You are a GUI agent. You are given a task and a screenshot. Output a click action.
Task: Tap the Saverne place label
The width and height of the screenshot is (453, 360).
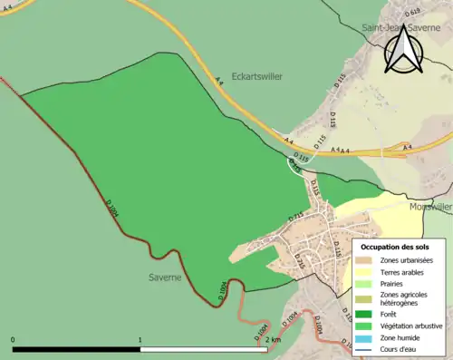click(x=168, y=275)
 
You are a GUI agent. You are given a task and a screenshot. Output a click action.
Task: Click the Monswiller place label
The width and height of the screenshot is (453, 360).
click(x=429, y=207)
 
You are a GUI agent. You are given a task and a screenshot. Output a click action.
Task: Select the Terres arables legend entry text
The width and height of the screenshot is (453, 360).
click(x=402, y=271)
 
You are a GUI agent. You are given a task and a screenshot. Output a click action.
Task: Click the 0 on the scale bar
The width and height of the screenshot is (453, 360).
click(x=13, y=340)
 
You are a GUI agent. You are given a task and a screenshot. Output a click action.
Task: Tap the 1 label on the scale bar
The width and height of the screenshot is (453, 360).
click(x=140, y=340)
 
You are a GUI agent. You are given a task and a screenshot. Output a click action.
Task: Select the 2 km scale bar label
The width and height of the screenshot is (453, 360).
click(x=272, y=340)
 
